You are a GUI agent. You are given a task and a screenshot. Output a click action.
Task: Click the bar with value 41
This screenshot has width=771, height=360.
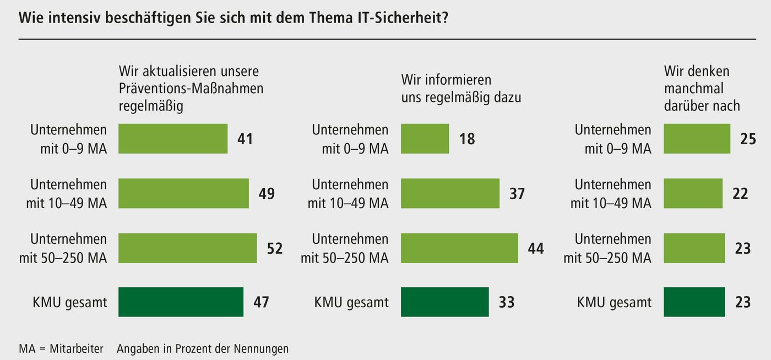click(x=173, y=138)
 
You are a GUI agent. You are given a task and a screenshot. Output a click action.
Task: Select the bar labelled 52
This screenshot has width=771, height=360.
click(x=188, y=248)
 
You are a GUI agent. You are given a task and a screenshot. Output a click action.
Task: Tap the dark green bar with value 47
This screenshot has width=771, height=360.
click(x=181, y=302)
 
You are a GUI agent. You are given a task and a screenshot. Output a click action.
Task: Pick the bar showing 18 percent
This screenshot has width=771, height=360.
click(x=425, y=138)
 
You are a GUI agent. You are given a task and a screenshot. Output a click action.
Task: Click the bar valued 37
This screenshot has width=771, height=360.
click(x=450, y=193)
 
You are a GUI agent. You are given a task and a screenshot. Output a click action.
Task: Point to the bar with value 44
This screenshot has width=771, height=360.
click(x=459, y=248)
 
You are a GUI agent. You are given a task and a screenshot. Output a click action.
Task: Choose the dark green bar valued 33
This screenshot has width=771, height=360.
click(x=444, y=302)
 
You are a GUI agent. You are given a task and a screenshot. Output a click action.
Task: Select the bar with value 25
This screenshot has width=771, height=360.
click(x=697, y=138)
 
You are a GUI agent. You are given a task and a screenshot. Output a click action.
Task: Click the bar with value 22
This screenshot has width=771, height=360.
click(x=693, y=193)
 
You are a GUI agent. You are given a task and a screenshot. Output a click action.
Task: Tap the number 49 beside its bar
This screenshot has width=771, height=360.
click(x=266, y=194)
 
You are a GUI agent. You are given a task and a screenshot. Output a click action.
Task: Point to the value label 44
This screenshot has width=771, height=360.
click(x=535, y=248)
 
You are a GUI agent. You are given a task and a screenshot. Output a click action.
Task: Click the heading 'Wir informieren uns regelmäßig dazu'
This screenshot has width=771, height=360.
click(x=461, y=89)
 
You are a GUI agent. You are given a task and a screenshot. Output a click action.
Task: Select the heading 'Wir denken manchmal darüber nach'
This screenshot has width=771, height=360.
click(x=702, y=88)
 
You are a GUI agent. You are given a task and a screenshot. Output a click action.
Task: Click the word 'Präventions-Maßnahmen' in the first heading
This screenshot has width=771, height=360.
click(x=191, y=89)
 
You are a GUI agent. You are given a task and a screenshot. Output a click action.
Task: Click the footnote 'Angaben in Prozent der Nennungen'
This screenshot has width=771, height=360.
click(x=203, y=348)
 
